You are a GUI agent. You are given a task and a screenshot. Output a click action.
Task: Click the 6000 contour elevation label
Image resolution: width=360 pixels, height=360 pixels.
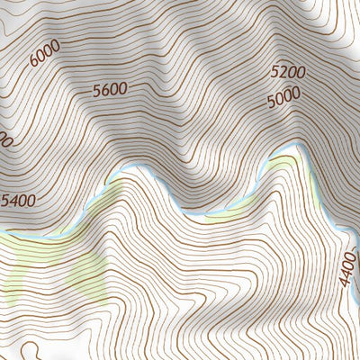pyautogui.click(x=44, y=53)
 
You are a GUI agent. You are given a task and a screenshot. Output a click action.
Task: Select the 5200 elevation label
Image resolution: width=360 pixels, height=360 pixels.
pyautogui.click(x=288, y=72)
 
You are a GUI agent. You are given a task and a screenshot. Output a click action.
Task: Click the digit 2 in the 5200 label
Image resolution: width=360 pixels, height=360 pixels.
pyautogui.click(x=283, y=72)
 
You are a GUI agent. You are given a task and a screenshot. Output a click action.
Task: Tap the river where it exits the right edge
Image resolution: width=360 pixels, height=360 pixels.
pyautogui.click(x=354, y=236)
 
